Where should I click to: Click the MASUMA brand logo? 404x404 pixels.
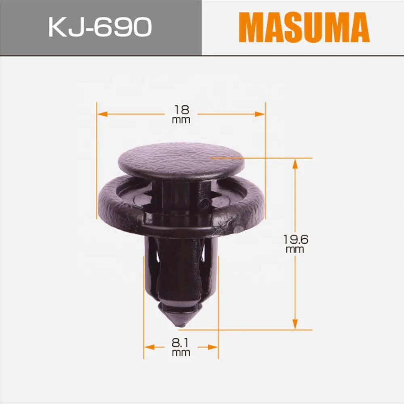[304, 27]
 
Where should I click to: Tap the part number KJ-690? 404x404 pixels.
[100, 27]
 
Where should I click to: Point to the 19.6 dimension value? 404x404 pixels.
[295, 240]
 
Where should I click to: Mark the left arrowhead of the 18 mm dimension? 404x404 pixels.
[101, 114]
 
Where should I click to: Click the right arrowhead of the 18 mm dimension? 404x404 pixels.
[261, 114]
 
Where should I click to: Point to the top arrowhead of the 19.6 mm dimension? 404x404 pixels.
[295, 163]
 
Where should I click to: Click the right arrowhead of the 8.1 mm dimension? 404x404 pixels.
[214, 347]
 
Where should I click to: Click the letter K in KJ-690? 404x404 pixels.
[57, 27]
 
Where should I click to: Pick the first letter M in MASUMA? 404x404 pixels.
[250, 27]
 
